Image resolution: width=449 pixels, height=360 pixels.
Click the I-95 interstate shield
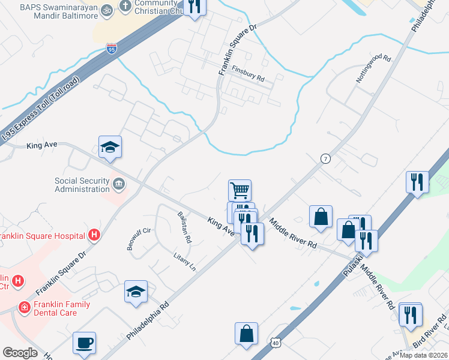click(112, 49)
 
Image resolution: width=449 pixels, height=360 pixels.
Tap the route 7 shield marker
click(326, 158)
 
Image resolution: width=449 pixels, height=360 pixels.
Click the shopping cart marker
click(240, 191)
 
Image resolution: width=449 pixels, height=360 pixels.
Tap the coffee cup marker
click(84, 343)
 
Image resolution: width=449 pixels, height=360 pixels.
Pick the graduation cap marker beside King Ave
click(110, 146)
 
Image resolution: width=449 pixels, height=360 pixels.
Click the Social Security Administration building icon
click(119, 183)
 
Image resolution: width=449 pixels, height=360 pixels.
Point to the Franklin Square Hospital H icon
click(93, 235)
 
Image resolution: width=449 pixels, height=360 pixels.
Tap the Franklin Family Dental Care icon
click(25, 307)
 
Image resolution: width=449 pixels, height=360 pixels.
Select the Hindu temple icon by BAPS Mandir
click(107, 10)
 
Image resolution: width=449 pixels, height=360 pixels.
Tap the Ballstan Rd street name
click(184, 227)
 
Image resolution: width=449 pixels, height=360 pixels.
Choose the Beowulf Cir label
click(138, 239)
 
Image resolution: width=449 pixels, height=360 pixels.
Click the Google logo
click(20, 353)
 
